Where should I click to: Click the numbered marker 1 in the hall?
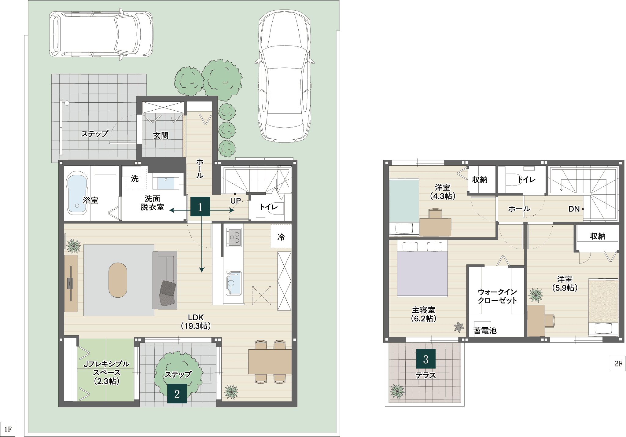(200, 207)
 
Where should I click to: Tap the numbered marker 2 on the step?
(177, 394)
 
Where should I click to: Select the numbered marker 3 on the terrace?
(426, 359)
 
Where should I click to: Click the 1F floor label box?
(8, 429)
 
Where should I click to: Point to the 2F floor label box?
(618, 363)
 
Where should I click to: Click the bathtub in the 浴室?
(77, 193)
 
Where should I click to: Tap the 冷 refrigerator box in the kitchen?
(281, 237)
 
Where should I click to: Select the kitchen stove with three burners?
(234, 237)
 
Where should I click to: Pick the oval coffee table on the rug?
(118, 280)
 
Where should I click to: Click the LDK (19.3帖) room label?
(196, 321)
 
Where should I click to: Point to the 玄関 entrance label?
(161, 135)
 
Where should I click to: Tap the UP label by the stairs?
(235, 201)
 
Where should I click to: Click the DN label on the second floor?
(574, 209)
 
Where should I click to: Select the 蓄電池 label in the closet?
(485, 330)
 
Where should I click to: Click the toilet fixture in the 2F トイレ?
(514, 179)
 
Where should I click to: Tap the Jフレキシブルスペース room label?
(107, 373)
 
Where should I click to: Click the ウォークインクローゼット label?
(497, 296)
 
